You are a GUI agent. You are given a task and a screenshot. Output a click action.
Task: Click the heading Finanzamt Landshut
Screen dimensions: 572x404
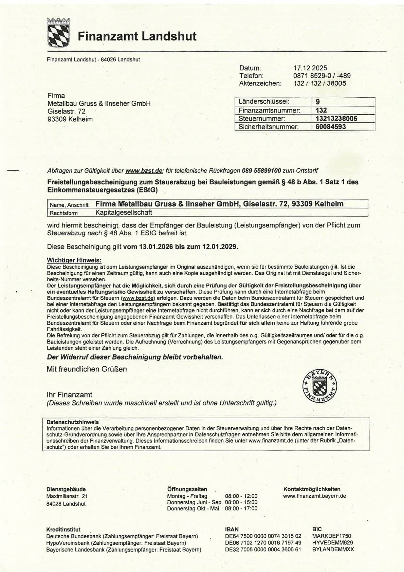click(x=137, y=36)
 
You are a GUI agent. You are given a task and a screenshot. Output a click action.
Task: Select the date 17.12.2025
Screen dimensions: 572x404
click(x=310, y=68)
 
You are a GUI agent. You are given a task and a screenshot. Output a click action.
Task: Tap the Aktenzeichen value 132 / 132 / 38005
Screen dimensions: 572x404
click(x=319, y=83)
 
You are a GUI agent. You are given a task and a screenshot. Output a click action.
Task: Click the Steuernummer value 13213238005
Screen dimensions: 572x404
click(x=336, y=119)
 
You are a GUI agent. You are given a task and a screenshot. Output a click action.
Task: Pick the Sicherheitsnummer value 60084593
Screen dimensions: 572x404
click(x=331, y=127)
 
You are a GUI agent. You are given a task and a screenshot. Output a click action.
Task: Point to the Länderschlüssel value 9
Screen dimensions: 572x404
click(x=317, y=102)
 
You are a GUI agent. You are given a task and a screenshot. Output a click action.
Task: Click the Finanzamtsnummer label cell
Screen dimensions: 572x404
click(x=269, y=110)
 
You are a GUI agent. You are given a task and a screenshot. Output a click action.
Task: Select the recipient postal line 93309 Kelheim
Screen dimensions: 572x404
click(x=70, y=119)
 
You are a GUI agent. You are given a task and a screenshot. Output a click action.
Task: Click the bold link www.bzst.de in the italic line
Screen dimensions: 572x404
click(x=144, y=171)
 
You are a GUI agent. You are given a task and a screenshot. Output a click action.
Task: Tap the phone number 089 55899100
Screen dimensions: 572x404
click(x=261, y=171)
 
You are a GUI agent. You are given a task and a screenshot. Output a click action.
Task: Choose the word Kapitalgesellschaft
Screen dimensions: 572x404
click(x=124, y=213)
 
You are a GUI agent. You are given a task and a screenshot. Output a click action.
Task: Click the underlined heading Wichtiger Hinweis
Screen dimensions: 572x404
click(x=74, y=260)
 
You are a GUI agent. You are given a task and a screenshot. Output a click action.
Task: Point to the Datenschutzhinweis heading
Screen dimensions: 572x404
click(x=72, y=422)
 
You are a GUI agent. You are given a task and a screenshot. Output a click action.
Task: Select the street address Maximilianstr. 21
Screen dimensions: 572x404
click(x=67, y=496)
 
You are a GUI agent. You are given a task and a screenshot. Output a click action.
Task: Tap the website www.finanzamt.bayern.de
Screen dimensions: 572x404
click(x=314, y=496)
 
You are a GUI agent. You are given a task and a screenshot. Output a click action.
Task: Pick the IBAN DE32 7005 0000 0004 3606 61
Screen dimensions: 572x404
click(x=263, y=550)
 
